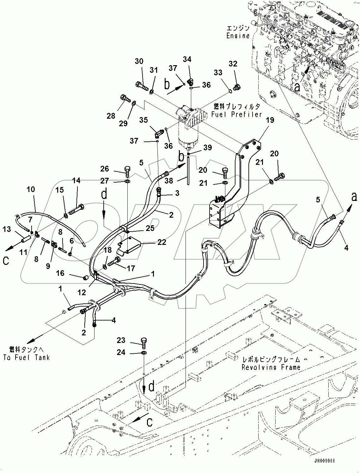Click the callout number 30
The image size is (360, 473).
click(x=139, y=61)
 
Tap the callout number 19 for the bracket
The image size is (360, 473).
click(x=270, y=120)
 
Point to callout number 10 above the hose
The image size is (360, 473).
click(x=31, y=190)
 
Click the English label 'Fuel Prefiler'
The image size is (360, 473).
click(x=238, y=114)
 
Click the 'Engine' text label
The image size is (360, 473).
click(x=238, y=36)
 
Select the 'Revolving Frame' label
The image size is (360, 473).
click(x=271, y=367)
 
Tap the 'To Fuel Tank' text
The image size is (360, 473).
click(x=27, y=358)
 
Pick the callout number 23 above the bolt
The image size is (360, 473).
click(x=121, y=340)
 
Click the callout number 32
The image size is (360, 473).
click(x=233, y=64)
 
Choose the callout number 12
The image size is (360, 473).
click(x=82, y=293)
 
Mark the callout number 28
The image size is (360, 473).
click(x=111, y=116)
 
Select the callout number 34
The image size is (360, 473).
click(x=187, y=59)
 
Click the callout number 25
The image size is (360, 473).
click(x=150, y=228)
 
